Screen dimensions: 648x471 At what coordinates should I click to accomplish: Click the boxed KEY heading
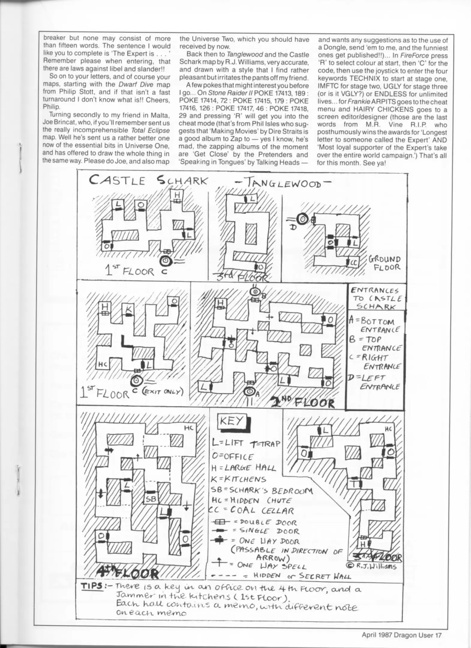232,421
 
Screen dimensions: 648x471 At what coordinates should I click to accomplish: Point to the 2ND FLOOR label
303,402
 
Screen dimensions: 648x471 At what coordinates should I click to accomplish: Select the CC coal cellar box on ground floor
353,263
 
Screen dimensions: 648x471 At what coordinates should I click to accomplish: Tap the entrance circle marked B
255,291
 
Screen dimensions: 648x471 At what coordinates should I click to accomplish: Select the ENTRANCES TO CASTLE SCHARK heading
376,298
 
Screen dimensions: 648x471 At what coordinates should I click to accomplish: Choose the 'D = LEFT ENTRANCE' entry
375,382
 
